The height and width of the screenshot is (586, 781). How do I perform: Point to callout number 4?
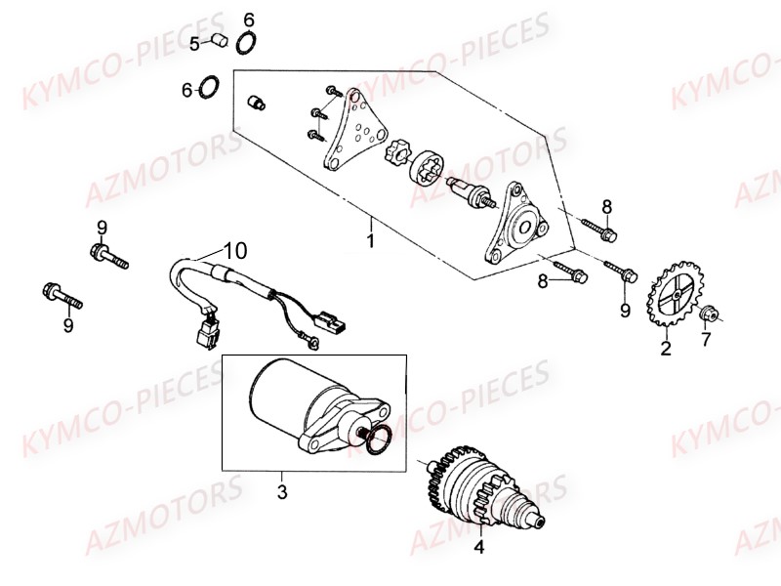pos(479,547)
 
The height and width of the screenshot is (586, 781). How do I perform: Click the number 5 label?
pos(195,43)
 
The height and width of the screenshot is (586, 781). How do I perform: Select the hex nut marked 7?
pos(711,314)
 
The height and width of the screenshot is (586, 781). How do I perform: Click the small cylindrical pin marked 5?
pos(220,40)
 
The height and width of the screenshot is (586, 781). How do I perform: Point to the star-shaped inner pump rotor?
pos(397,154)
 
